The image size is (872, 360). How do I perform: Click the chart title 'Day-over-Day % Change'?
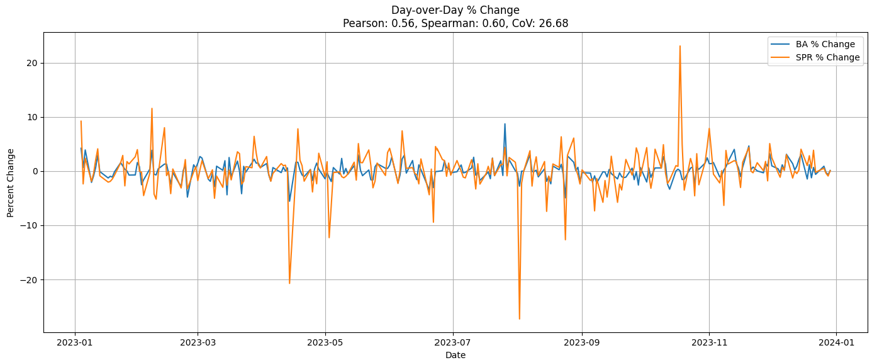(x=455, y=10)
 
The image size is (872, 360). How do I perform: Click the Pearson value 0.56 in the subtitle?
(x=390, y=23)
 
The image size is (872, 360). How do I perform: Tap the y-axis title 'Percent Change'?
(x=11, y=183)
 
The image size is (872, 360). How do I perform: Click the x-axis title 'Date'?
(x=456, y=355)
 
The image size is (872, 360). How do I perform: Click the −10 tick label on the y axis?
(x=30, y=225)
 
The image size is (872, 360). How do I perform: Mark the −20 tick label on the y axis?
(x=30, y=279)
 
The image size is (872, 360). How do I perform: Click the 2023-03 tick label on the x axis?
(x=198, y=343)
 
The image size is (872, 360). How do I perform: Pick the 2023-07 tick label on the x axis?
(x=453, y=343)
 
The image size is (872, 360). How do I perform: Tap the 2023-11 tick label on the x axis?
(x=709, y=343)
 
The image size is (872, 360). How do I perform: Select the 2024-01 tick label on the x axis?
(x=837, y=343)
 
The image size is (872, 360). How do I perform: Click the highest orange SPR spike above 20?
(x=679, y=46)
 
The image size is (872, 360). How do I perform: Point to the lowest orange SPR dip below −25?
(x=519, y=318)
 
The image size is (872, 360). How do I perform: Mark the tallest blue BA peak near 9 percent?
(x=505, y=124)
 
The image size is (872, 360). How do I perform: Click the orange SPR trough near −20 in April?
(x=289, y=283)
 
